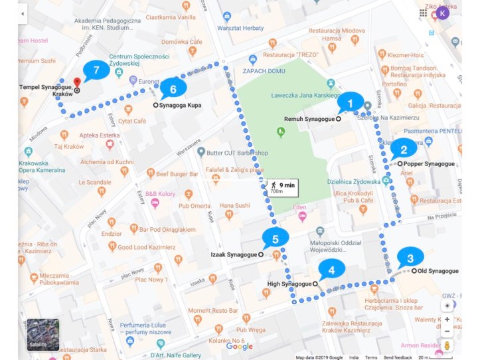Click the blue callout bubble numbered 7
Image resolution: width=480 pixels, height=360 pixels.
click(97, 70)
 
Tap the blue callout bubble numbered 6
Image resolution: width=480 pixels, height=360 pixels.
click(173, 88)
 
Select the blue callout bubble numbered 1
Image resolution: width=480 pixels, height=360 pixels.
click(351, 103)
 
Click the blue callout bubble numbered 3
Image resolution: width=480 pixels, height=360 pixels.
click(410, 258)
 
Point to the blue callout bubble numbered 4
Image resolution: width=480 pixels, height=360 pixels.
click(331, 269)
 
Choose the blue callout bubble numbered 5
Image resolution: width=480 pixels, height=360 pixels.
click(275, 237)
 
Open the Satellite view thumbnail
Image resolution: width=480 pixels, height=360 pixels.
click(42, 335)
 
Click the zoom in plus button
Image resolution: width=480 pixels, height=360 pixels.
click(447, 319)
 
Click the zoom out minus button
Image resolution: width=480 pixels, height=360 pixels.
click(447, 331)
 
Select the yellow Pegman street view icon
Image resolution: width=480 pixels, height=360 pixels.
click(447, 346)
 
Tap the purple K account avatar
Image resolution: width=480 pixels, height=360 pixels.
click(443, 13)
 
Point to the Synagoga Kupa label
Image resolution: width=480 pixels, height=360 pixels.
click(180, 105)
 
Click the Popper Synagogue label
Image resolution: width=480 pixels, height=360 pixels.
click(429, 163)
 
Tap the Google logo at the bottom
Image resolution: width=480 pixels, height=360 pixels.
click(239, 346)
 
